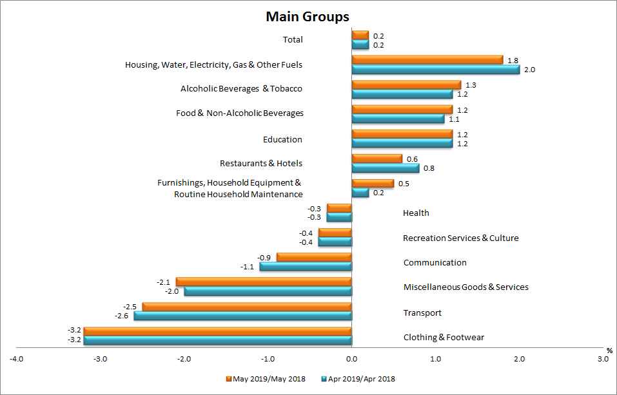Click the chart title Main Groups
click(308, 17)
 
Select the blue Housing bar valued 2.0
click(435, 70)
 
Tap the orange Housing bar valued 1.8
click(427, 60)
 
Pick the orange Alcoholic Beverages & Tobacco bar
click(406, 85)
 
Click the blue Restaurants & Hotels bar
click(385, 168)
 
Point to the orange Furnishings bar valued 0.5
click(372, 184)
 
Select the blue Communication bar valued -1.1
click(306, 266)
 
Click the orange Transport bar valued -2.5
click(247, 307)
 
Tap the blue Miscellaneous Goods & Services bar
click(268, 291)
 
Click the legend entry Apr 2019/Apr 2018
click(362, 379)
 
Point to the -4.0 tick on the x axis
click(17, 358)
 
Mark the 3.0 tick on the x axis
click(602, 358)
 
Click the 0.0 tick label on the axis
click(351, 358)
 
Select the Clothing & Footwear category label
click(444, 338)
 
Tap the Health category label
click(416, 213)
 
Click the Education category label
click(282, 140)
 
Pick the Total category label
click(293, 40)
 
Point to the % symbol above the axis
click(608, 350)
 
